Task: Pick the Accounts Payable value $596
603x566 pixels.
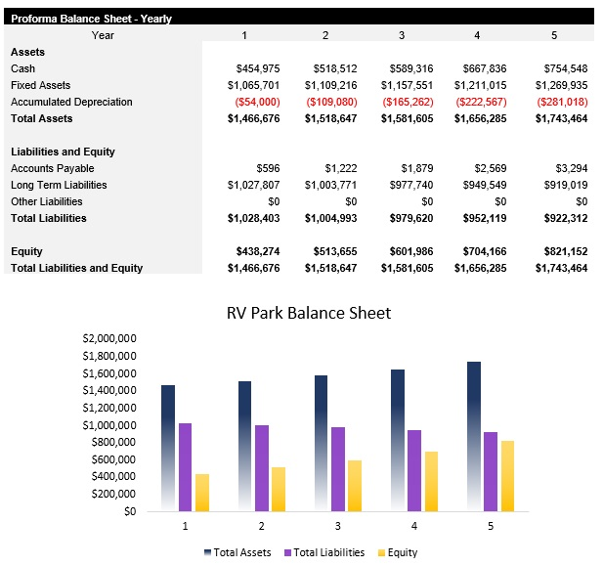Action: coord(267,168)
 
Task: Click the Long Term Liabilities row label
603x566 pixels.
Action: coord(59,185)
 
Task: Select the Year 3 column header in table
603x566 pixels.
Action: coord(401,35)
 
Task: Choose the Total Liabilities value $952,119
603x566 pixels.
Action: coord(482,218)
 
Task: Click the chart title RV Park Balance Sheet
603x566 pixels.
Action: coord(308,314)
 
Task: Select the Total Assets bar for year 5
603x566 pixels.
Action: coord(474,436)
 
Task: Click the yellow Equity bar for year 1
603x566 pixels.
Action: coord(202,492)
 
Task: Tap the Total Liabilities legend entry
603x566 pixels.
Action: coord(323,552)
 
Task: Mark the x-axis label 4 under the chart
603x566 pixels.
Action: coord(414,526)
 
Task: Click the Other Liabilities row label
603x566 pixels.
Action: coord(46,201)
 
